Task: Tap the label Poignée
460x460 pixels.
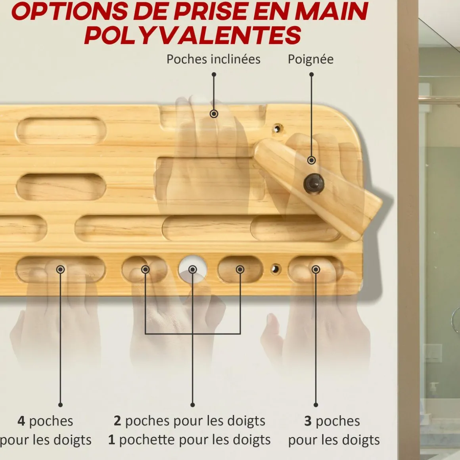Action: [310, 59]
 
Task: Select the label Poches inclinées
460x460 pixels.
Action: [213, 59]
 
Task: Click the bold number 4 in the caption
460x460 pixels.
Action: [21, 421]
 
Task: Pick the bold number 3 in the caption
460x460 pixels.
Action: [308, 421]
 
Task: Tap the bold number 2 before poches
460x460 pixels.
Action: [117, 421]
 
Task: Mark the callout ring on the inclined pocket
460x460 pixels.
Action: [214, 113]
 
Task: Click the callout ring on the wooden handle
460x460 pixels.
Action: [312, 160]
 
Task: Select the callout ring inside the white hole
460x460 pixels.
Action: [192, 269]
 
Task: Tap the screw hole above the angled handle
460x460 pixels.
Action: [277, 128]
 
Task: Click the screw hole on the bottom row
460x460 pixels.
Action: [275, 268]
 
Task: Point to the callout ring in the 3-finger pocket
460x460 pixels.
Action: [316, 269]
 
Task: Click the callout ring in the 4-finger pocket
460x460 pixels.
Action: [60, 269]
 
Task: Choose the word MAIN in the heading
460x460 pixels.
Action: [334, 11]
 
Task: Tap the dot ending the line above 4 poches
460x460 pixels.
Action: [60, 405]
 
